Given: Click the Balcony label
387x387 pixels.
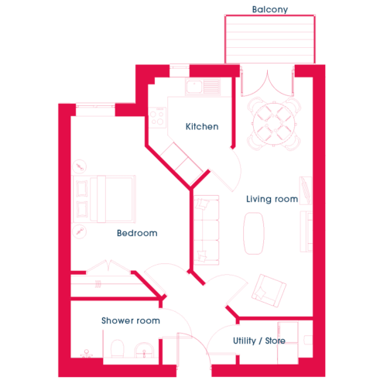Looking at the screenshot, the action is point(270,9).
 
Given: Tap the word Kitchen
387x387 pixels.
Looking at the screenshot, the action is point(202,126).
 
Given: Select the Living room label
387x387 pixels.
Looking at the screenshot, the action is point(272,199).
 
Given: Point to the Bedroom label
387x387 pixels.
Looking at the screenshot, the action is point(137,233).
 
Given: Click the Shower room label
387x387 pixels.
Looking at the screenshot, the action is point(131,320).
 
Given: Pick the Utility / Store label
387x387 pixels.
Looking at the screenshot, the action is point(259,341).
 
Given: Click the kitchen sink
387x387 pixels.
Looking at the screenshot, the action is point(203,87).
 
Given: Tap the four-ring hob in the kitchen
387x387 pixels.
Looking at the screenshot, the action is point(157,118).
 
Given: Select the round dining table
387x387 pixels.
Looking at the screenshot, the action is point(274,123).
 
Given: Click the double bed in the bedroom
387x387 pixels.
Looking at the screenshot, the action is point(104,199).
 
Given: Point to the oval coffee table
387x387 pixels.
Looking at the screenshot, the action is point(254,233).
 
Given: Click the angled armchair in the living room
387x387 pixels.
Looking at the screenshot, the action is point(269,290).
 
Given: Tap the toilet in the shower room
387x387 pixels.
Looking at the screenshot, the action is point(118,348).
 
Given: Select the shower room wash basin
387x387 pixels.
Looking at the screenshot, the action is point(144,350).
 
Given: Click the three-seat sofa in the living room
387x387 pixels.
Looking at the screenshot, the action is point(207,230).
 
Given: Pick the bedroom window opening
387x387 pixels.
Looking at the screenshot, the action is point(95,110).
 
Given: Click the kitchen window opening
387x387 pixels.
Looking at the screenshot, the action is point(180,70).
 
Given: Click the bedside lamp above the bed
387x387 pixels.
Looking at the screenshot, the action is point(80,166).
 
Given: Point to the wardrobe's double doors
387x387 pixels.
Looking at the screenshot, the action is point(108,266).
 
